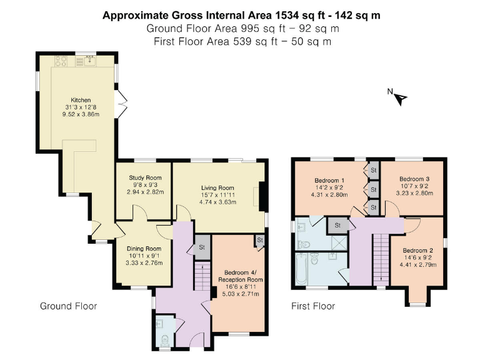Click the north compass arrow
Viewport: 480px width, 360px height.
coord(401,97)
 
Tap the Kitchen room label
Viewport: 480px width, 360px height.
coord(80,100)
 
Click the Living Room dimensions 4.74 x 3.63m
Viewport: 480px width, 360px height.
coord(217,202)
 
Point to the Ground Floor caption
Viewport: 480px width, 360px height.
coord(68,306)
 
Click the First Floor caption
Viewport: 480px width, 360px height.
coord(313,306)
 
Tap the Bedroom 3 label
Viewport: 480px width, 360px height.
coord(415,178)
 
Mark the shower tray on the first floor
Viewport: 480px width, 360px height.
coord(338,241)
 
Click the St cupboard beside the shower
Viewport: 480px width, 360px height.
coord(338,224)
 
